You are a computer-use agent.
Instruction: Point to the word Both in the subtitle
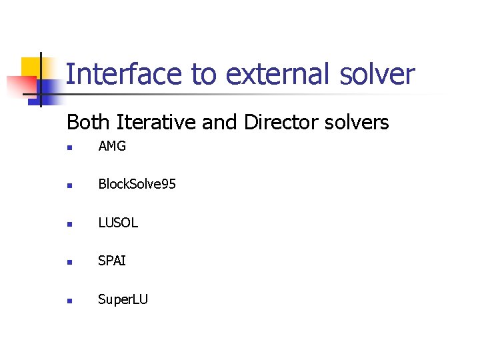[x=89, y=123]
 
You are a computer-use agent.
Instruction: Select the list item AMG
[x=112, y=146]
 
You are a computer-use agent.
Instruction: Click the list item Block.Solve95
[x=137, y=185]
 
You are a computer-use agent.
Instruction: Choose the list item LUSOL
[x=118, y=223]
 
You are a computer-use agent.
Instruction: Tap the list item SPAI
[x=111, y=261]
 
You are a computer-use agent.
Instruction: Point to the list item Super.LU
[x=123, y=299]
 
